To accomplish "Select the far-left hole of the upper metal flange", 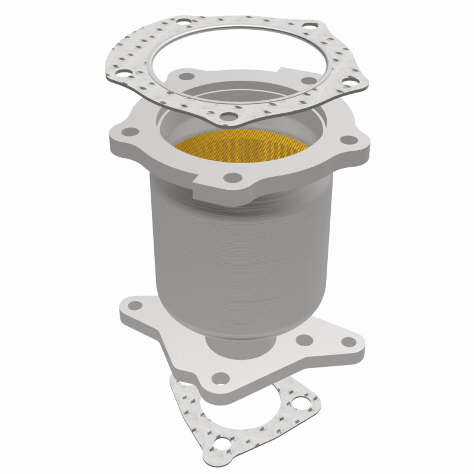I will coord(129,132).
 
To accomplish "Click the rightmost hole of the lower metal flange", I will coord(347,341).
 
